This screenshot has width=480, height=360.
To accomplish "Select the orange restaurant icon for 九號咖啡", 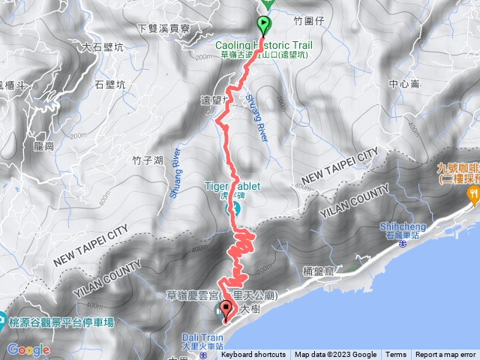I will point(474,193).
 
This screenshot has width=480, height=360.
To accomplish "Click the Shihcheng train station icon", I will point(402,243).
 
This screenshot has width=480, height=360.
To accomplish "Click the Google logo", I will point(28,350).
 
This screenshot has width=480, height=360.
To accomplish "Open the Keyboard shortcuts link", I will point(253,355).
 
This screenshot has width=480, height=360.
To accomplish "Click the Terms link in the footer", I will point(396,355).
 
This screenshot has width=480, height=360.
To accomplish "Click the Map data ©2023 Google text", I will point(335,355).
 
